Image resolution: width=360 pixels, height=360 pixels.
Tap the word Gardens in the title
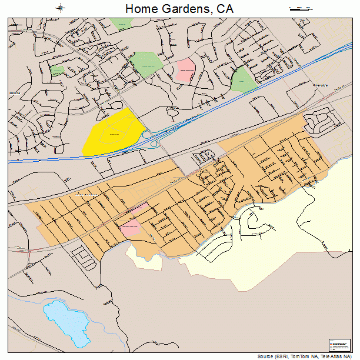[x=185, y=9]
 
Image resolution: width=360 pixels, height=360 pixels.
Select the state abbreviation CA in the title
[x=225, y=9]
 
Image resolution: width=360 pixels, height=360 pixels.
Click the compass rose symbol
[x=61, y=8]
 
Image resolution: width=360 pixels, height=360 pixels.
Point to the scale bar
[x=300, y=9]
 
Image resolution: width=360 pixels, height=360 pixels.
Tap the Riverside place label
[x=320, y=85]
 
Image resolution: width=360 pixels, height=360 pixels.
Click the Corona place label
[x=14, y=93]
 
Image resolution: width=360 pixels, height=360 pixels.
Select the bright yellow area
[x=114, y=132]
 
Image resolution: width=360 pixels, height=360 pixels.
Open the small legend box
[x=339, y=345]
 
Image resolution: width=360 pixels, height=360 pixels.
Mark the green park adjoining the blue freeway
[x=243, y=79]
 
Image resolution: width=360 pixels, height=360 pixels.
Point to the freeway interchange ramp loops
[x=155, y=141]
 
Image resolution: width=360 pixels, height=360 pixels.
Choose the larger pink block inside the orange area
[x=129, y=228]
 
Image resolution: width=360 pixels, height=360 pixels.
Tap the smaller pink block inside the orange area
[x=140, y=208]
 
